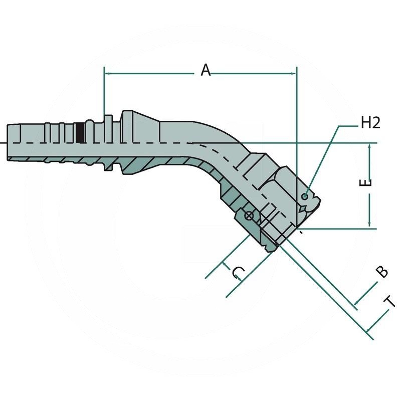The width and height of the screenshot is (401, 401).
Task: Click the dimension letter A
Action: [206, 70]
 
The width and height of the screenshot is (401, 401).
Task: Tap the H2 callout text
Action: [370, 123]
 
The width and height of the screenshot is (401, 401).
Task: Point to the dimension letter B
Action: [382, 271]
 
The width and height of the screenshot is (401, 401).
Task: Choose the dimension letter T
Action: [390, 302]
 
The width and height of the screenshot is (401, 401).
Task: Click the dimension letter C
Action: [239, 273]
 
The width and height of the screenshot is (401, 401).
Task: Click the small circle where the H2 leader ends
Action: [305, 196]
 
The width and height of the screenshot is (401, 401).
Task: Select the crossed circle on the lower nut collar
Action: [248, 216]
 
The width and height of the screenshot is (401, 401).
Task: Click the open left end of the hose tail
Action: [9, 143]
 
